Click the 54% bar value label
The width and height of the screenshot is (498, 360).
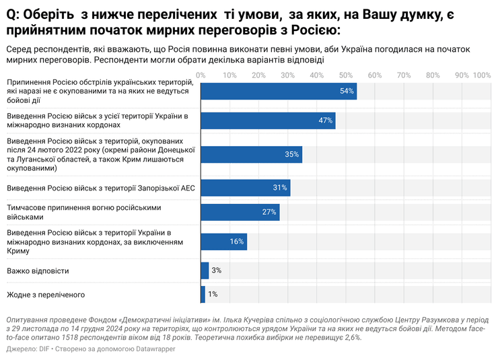pyautogui.click(x=347, y=92)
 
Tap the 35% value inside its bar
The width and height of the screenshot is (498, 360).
pyautogui.click(x=291, y=154)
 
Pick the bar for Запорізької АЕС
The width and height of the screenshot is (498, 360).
pyautogui.click(x=245, y=188)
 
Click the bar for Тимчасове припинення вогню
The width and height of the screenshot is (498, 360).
pyautogui.click(x=240, y=213)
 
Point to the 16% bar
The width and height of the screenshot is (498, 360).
pyautogui.click(x=223, y=242)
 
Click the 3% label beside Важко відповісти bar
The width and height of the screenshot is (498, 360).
pyautogui.click(x=216, y=271)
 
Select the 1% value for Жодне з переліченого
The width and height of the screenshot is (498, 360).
pyautogui.click(x=213, y=294)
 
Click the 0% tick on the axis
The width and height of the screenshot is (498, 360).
pyautogui.click(x=201, y=75)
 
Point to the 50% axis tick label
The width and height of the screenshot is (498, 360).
pyautogui.click(x=345, y=75)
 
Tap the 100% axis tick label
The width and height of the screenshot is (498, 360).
pyautogui.click(x=482, y=75)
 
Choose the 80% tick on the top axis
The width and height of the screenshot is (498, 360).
pyautogui.click(x=433, y=75)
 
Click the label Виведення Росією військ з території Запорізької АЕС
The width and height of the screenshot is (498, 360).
pyautogui.click(x=100, y=188)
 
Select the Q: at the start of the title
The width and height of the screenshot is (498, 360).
pyautogui.click(x=13, y=14)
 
